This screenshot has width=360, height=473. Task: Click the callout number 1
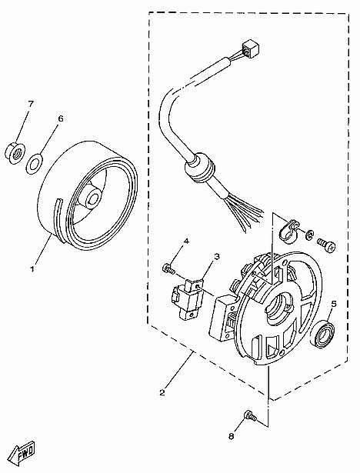(x=32, y=269)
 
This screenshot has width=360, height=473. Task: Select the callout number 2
(x=162, y=392)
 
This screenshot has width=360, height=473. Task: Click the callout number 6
(x=62, y=119)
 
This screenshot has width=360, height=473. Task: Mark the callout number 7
(x=31, y=103)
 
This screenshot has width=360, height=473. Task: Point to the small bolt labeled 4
(x=167, y=268)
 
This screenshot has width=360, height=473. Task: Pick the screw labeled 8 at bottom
(x=248, y=416)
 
